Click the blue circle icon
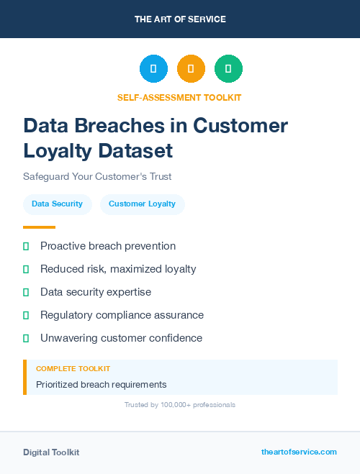pyautogui.click(x=153, y=69)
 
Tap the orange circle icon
pyautogui.click(x=191, y=69)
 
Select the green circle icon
pyautogui.click(x=228, y=69)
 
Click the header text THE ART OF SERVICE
pyautogui.click(x=180, y=19)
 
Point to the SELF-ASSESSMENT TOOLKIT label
pyautogui.click(x=179, y=97)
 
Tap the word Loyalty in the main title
pyautogui.click(x=60, y=150)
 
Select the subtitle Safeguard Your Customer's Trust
pyautogui.click(x=97, y=176)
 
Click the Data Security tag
pyautogui.click(x=57, y=204)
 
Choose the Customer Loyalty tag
pyautogui.click(x=142, y=204)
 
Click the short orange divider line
pyautogui.click(x=39, y=227)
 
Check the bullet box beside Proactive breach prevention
pyautogui.click(x=26, y=246)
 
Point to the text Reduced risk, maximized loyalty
pyautogui.click(x=118, y=269)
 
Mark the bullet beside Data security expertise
pyautogui.click(x=26, y=292)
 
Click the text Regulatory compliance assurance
pyautogui.click(x=122, y=315)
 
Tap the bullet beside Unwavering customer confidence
pyautogui.click(x=26, y=338)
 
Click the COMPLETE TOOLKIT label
pyautogui.click(x=73, y=368)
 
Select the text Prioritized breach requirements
pyautogui.click(x=101, y=385)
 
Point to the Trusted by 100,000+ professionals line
pyautogui.click(x=180, y=405)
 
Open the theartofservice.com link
pyautogui.click(x=299, y=452)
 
